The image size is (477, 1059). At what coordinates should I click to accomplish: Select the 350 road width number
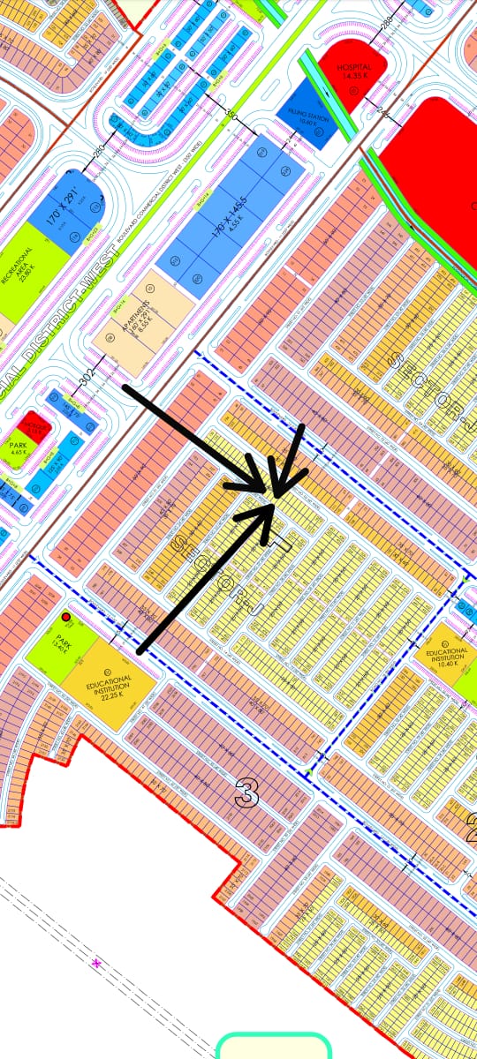[x=232, y=115]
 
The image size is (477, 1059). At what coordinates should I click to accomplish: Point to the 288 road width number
[x=385, y=22]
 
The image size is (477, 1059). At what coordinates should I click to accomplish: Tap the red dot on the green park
[x=66, y=617]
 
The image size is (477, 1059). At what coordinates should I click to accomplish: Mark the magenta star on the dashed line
[x=96, y=965]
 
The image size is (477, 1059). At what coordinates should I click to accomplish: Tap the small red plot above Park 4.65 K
[x=36, y=426]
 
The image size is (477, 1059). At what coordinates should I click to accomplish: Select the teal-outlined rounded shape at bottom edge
[x=273, y=1048]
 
